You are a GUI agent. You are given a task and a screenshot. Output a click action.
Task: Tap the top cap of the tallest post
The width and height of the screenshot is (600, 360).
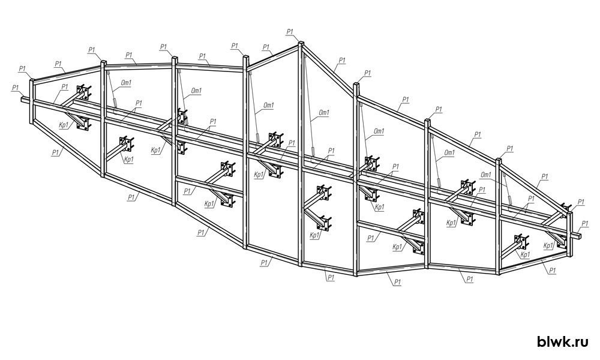click(x=301, y=43)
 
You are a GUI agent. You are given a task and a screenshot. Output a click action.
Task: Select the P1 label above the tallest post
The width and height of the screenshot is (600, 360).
click(x=290, y=32)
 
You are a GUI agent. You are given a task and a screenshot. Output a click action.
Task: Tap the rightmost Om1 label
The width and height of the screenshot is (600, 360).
click(x=487, y=175)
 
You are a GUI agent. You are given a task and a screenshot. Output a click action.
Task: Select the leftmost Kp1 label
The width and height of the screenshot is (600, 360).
click(x=65, y=124)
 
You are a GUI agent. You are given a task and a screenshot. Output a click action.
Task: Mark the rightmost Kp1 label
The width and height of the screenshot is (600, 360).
click(x=548, y=245)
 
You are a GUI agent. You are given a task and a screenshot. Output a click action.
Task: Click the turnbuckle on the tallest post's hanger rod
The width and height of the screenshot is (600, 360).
click(x=313, y=151)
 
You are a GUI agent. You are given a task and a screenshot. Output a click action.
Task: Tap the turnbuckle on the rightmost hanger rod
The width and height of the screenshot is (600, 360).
click(x=510, y=200)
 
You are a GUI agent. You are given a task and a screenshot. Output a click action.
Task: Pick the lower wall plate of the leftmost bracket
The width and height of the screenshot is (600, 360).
click(x=83, y=124)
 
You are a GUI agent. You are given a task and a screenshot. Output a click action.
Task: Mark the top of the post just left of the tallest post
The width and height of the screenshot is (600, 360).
click(x=245, y=58)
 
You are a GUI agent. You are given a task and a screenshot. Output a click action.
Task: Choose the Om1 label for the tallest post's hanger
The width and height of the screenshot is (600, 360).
click(x=324, y=112)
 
